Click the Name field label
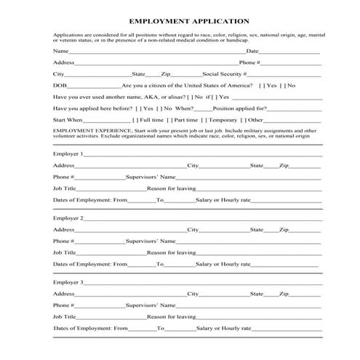(61, 52)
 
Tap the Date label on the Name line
(252, 52)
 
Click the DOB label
(60, 85)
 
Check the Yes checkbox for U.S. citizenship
(263, 85)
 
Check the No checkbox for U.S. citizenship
(284, 85)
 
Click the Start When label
(68, 119)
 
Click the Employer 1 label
(68, 153)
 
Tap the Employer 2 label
(68, 217)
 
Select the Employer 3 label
(68, 281)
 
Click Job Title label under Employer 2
(65, 252)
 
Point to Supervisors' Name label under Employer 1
(151, 177)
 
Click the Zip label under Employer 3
(284, 294)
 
